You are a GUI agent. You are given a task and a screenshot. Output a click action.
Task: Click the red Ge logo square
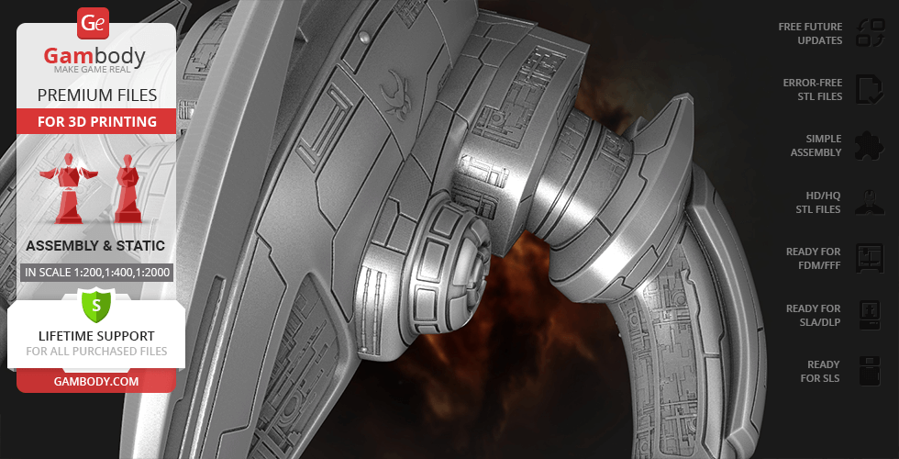93,23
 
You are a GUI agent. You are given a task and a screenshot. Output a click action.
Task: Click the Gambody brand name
94,56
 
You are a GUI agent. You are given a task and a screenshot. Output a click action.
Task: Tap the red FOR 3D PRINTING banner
97,121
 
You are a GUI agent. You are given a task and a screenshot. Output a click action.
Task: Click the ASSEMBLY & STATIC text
95,246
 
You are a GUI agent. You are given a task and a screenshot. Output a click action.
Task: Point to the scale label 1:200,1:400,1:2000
97,272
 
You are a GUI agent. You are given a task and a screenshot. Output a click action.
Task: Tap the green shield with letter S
96,305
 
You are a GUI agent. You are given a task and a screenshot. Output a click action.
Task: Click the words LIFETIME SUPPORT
96,336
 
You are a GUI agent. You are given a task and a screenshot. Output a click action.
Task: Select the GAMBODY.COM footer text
96,381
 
